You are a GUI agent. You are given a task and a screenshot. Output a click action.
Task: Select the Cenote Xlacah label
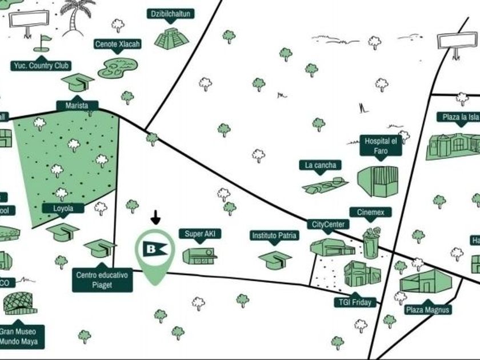coord(117,44)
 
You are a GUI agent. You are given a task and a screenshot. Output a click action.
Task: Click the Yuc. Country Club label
coord(41,66)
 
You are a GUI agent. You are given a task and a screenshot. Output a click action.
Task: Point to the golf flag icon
coord(43,42)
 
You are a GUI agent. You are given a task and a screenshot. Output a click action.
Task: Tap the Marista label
coord(77,106)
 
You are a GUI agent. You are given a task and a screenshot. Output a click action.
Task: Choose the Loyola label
coord(63,209)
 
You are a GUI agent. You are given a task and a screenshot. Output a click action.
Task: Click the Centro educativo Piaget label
coord(102,280)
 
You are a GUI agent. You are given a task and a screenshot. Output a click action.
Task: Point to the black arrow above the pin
coord(155,218)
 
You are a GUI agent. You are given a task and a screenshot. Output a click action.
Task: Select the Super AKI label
coord(199,234)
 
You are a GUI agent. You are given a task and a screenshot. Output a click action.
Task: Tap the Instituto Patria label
coord(275,235)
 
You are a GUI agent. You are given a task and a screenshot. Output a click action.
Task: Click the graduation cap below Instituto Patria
coord(274,259)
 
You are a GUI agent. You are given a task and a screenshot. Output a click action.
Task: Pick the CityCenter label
coord(327,225)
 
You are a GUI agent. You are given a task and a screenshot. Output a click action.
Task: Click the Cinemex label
coord(370,213)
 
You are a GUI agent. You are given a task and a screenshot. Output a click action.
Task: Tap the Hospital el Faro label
coord(381,146)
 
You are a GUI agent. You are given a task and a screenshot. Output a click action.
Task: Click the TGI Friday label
coord(355,302)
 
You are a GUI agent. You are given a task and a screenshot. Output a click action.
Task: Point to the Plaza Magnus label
coord(428,310)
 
